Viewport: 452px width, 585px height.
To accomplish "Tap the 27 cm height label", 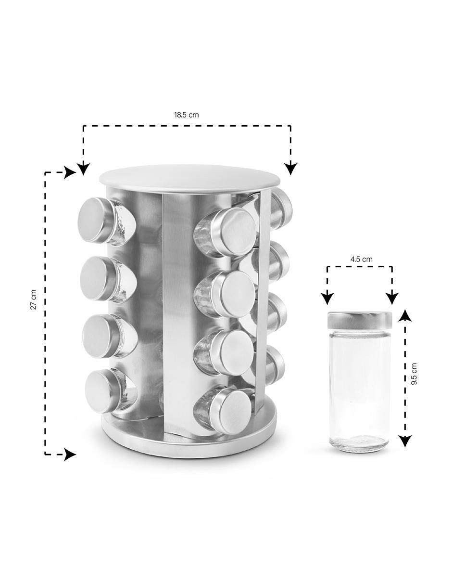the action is [34, 299].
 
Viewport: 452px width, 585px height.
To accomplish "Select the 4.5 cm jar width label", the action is [362, 259].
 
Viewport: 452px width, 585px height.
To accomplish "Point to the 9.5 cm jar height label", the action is [414, 374].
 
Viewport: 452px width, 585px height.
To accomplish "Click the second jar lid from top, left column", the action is [95, 279].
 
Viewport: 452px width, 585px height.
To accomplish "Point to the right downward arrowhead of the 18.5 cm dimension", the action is [290, 169].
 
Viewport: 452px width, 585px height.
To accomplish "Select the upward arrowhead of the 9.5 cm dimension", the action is [405, 315].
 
